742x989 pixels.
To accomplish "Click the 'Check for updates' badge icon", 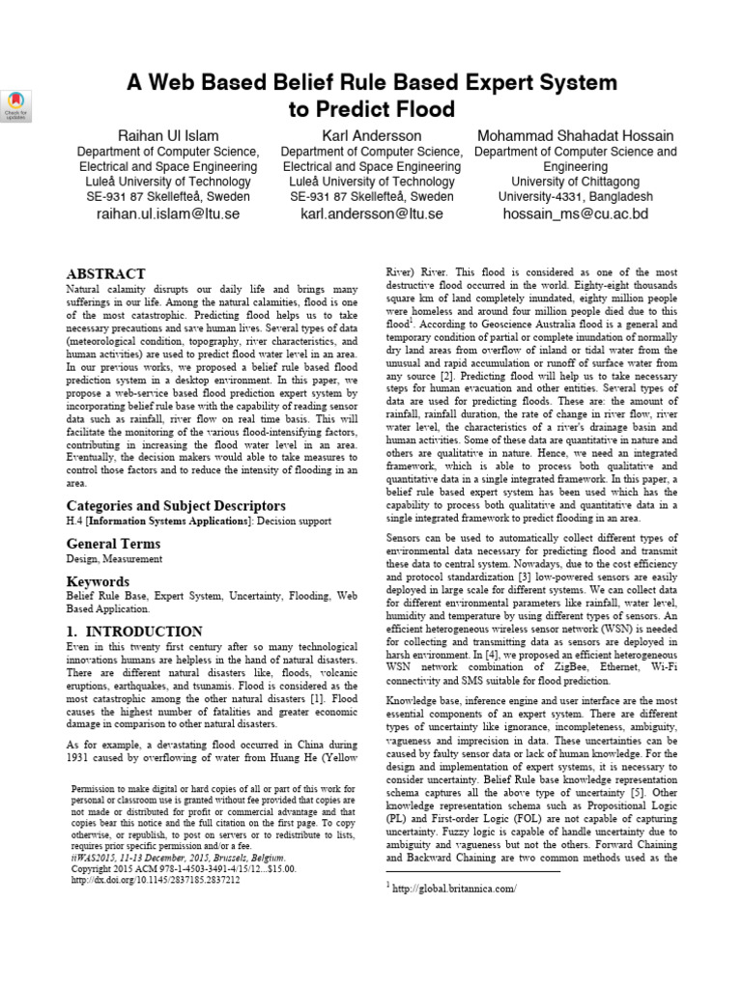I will (x=17, y=105).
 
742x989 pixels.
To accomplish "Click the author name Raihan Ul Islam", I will (x=168, y=135).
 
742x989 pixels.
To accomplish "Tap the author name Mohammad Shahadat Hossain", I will (x=576, y=135).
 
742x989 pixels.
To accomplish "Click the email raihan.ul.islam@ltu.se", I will (x=168, y=213).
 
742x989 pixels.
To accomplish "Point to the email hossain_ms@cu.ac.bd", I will (x=576, y=213).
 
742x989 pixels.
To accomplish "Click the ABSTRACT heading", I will (x=106, y=274).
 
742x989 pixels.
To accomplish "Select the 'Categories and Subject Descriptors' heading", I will (x=176, y=506).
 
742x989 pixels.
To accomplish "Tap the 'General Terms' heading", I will (x=113, y=544).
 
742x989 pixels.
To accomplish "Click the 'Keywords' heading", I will (x=98, y=581).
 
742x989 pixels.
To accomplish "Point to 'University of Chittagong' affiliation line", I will (x=576, y=182).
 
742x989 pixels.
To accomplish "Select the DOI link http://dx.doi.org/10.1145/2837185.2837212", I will (x=157, y=881).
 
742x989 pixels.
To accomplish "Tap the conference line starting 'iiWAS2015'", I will (x=179, y=857).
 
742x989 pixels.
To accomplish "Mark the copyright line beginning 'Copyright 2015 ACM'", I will (x=184, y=869).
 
